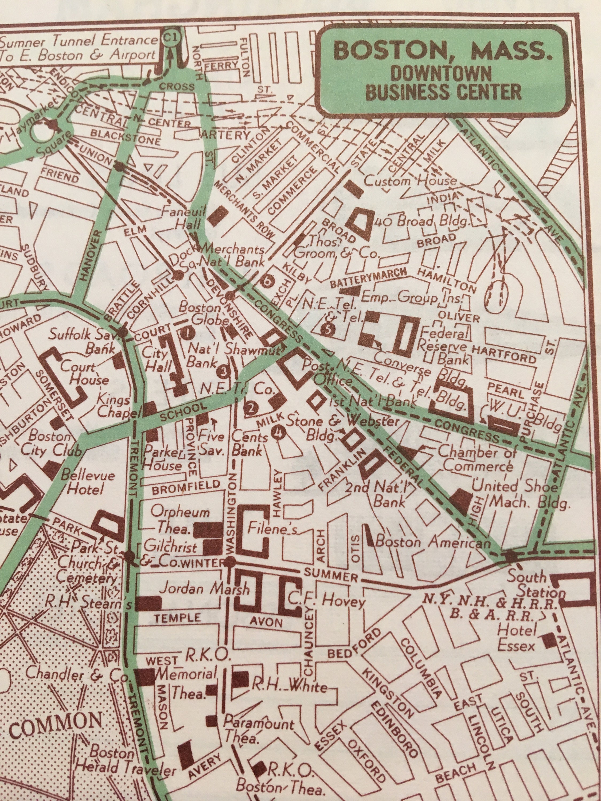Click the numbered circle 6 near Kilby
[268, 281]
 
